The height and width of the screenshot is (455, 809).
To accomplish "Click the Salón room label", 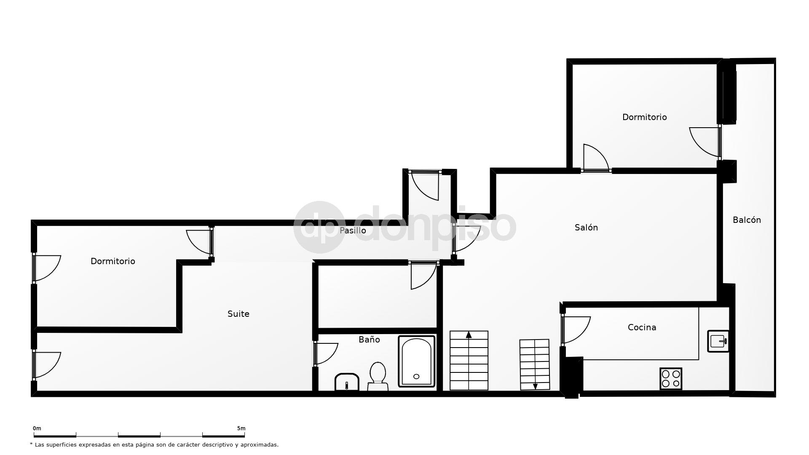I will (x=586, y=227).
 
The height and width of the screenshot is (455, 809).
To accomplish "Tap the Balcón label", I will (x=747, y=220).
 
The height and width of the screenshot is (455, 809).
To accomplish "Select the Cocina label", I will (x=642, y=327).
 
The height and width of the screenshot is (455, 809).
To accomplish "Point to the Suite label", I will (x=238, y=314).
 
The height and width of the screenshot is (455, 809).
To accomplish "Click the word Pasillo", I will (x=353, y=230).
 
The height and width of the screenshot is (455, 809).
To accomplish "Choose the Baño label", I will (x=369, y=340).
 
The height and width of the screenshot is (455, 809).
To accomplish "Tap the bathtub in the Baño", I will (x=416, y=361).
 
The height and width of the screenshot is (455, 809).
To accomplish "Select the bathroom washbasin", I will (x=347, y=382).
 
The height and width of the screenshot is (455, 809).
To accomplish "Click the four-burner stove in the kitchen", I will (x=671, y=378).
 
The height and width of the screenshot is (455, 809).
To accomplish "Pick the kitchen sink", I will (x=718, y=341).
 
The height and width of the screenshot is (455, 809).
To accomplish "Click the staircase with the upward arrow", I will (x=469, y=360).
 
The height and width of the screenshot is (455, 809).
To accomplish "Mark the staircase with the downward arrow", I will (x=535, y=364).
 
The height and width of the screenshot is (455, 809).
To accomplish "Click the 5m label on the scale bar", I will (x=241, y=428).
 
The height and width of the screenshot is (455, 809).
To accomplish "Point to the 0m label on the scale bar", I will (x=37, y=428).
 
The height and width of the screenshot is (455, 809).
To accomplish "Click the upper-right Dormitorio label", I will (x=644, y=117).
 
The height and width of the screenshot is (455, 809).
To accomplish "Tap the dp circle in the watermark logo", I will (x=319, y=227).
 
